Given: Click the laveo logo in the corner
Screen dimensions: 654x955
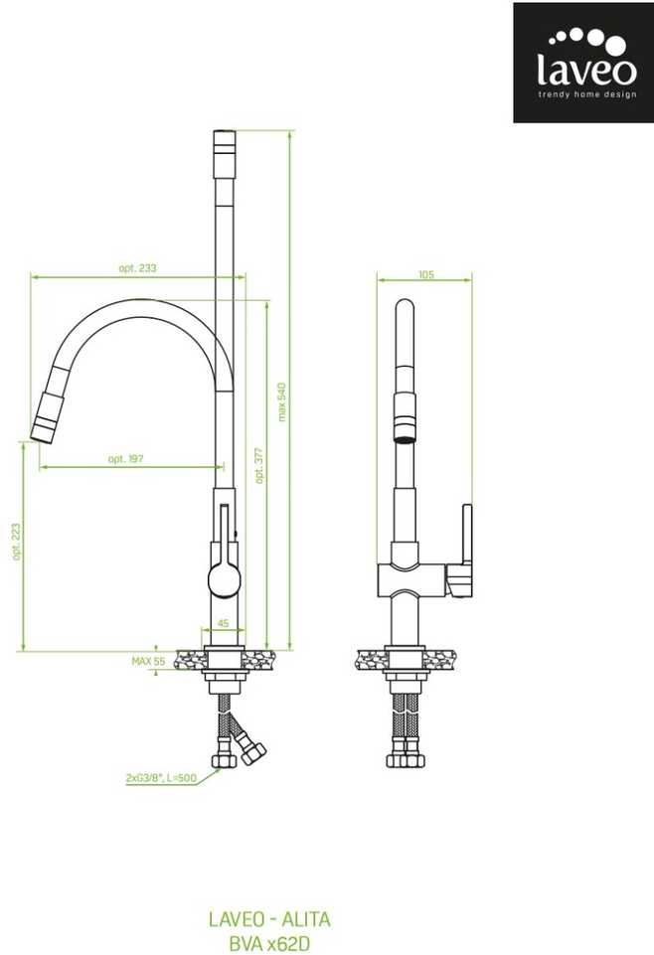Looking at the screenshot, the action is pyautogui.click(x=582, y=63).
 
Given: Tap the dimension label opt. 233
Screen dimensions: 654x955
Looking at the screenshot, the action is pyautogui.click(x=137, y=268).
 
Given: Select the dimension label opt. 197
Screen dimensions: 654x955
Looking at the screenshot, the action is pyautogui.click(x=125, y=459).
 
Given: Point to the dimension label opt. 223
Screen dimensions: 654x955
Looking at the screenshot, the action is pyautogui.click(x=17, y=542).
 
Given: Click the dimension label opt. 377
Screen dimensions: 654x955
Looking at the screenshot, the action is pyautogui.click(x=260, y=466).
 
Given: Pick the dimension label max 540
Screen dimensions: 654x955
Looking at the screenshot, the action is pyautogui.click(x=281, y=402).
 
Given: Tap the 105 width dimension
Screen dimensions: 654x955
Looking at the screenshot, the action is pyautogui.click(x=426, y=274).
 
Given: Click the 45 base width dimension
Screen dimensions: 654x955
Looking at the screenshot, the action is pyautogui.click(x=224, y=623).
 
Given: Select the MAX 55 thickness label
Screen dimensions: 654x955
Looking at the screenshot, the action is pyautogui.click(x=148, y=661).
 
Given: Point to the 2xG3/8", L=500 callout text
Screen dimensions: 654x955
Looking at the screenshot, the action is pyautogui.click(x=161, y=778).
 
